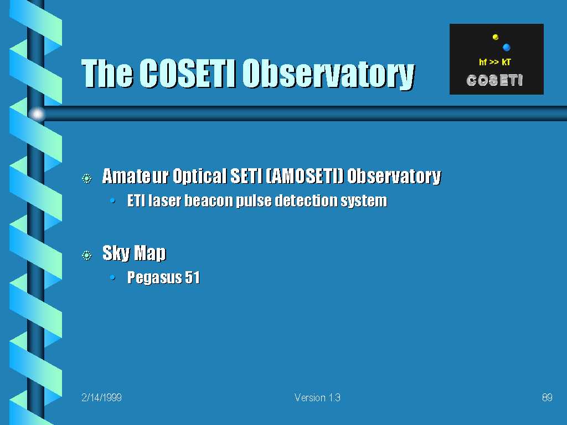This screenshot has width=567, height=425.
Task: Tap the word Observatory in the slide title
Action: (x=328, y=74)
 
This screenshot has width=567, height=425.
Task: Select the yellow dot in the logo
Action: (x=496, y=37)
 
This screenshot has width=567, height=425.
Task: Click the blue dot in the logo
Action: (x=506, y=47)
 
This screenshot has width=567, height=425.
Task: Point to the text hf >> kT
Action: (x=494, y=62)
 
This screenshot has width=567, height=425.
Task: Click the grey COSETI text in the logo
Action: (x=494, y=80)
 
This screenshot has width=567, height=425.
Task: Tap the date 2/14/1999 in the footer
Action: (x=102, y=397)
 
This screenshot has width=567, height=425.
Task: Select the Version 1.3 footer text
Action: (x=317, y=397)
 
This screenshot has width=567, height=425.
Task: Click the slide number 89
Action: (x=547, y=397)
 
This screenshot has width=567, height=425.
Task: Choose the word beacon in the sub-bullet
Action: (x=209, y=200)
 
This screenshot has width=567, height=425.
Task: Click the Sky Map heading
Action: (x=134, y=252)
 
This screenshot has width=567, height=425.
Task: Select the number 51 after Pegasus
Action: (x=192, y=277)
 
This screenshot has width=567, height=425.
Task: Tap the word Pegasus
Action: (x=154, y=278)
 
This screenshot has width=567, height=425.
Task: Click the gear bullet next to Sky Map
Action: (x=87, y=256)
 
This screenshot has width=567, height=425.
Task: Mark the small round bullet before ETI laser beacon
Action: (x=113, y=200)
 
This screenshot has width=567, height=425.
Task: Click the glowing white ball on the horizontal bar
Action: (x=37, y=114)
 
